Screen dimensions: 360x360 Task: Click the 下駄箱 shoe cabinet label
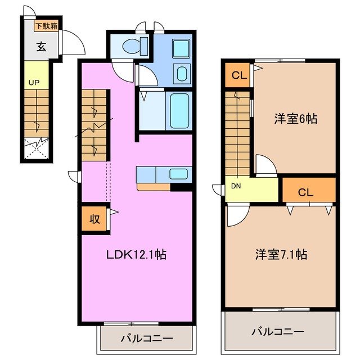tap(47, 26)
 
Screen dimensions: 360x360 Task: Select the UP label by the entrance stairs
tap(34, 82)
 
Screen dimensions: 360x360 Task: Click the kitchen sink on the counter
tap(179, 174)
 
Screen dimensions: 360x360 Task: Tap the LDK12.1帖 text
tap(136, 254)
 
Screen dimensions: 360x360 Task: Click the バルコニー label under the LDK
tap(146, 339)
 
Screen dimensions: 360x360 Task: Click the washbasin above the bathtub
tap(182, 74)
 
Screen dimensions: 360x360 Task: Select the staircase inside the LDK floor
tap(93, 125)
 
